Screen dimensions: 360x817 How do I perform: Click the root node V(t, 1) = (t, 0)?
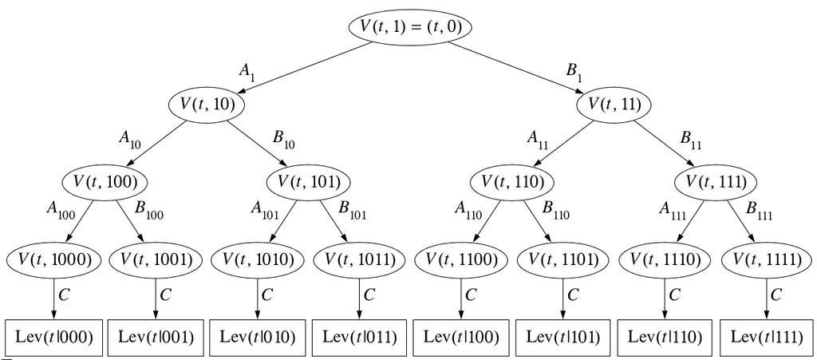[410, 26]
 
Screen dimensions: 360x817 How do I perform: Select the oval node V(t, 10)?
[206, 104]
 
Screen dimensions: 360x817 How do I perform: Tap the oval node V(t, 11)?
[614, 104]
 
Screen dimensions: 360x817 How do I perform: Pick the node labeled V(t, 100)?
[105, 181]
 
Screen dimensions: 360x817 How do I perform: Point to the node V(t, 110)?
[512, 181]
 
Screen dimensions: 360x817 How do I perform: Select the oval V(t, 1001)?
[155, 259]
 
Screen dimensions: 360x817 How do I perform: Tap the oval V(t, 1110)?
[665, 259]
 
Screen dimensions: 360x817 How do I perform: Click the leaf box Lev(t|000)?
[54, 337]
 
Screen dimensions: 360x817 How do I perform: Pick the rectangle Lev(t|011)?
[359, 337]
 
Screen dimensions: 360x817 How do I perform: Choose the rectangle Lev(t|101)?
[563, 337]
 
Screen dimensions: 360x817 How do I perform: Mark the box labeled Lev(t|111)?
[768, 337]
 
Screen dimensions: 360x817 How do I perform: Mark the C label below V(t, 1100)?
[471, 294]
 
